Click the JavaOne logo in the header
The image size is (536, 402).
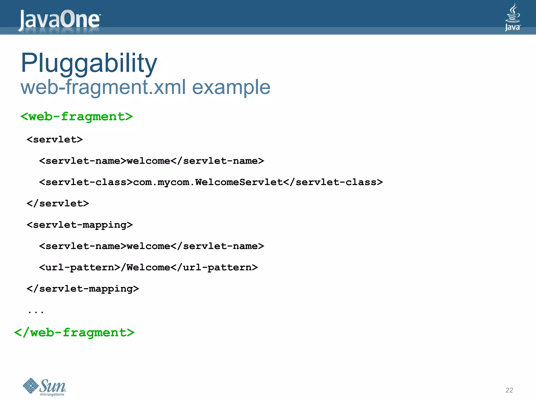point(60,19)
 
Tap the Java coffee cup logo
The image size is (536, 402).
point(512,17)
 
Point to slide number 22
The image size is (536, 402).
point(509,390)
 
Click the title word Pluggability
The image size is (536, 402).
point(89,63)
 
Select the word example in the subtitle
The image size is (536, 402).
point(231,87)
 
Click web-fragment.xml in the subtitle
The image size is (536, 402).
point(103,87)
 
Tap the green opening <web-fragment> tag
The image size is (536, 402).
point(77,116)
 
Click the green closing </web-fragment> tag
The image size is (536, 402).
point(74,332)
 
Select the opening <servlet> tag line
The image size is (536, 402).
point(55,139)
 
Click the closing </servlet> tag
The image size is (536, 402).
point(58,203)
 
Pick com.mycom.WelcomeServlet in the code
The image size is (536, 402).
point(208,182)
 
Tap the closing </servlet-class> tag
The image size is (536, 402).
point(333,182)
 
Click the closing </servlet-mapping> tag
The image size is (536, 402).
point(83,289)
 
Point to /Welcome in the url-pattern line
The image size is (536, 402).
point(146,267)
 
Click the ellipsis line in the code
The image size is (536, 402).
point(36,311)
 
